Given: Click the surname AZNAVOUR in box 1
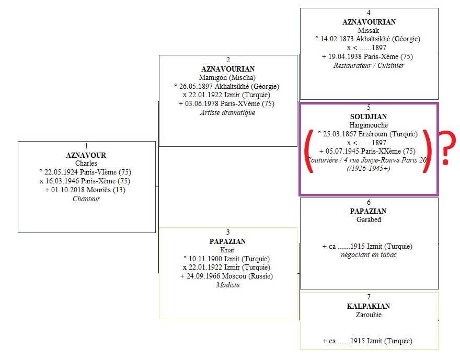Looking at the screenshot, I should point(86,155).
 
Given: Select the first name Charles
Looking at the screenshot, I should point(86,163).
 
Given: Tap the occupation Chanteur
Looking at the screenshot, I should point(86,199).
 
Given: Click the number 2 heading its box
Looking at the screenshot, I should point(228,60).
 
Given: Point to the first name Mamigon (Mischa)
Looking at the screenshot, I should point(228,77).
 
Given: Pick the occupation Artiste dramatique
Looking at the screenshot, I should point(228,112).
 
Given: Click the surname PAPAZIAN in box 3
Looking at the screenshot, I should point(228,241).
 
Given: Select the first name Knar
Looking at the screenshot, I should point(228,250).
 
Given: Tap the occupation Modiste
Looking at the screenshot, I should point(228,285).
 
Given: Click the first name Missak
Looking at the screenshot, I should point(369,30).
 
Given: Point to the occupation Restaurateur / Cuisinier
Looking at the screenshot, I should point(369,65).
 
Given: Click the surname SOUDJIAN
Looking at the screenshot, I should point(369,116).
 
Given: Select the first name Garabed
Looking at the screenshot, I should point(369,219).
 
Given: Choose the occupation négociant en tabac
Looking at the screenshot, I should point(369,254).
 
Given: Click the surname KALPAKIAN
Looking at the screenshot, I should point(369,306).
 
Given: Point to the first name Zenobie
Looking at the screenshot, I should point(369,315).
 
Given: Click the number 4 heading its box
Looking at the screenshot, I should point(369,13).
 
